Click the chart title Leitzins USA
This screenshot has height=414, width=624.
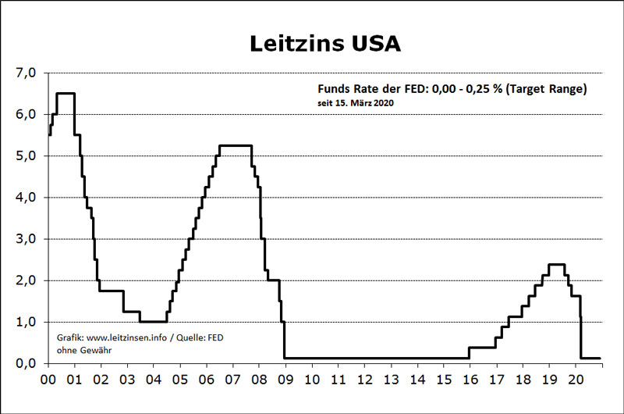pyautogui.click(x=324, y=43)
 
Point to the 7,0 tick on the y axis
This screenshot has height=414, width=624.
pyautogui.click(x=26, y=73)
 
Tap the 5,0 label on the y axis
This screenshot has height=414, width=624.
pyautogui.click(x=26, y=155)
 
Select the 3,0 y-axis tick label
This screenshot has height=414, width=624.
pyautogui.click(x=26, y=238)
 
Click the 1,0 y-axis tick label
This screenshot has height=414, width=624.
pyautogui.click(x=26, y=321)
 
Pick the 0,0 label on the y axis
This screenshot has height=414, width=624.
pyautogui.click(x=26, y=362)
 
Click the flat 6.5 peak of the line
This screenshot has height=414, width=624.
pyautogui.click(x=66, y=94)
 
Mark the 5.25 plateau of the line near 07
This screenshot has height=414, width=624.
pyautogui.click(x=235, y=145)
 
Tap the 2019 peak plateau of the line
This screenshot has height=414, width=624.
pyautogui.click(x=556, y=264)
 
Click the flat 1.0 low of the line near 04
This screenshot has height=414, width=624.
pyautogui.click(x=153, y=321)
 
